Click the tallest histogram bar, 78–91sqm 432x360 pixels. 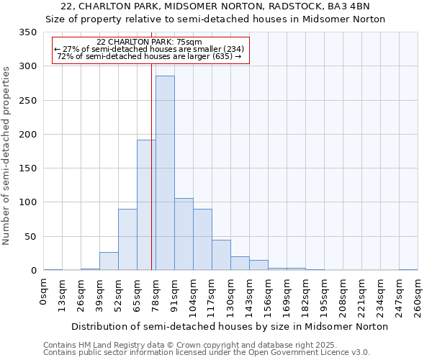(x=165, y=173)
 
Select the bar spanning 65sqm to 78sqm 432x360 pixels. (x=146, y=205)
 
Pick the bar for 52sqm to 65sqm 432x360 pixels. (x=127, y=240)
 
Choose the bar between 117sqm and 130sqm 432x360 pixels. (x=221, y=255)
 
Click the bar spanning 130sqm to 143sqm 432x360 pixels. (x=240, y=264)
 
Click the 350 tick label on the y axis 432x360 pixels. (x=28, y=32)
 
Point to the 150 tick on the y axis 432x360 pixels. (x=28, y=168)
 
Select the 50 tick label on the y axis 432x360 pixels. (x=30, y=236)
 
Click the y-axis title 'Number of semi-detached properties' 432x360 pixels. (x=7, y=155)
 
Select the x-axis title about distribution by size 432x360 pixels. (x=230, y=327)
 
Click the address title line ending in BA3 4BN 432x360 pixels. (x=216, y=6)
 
